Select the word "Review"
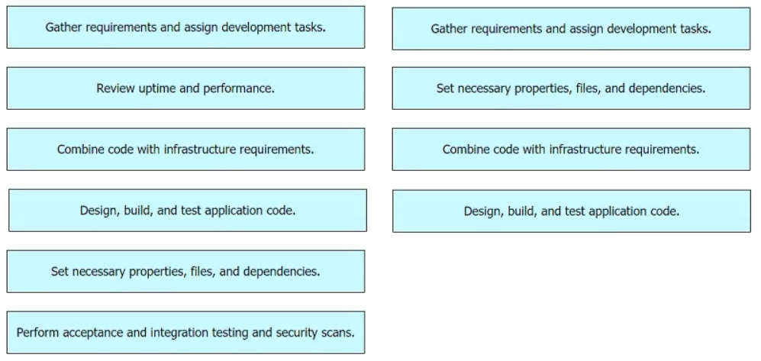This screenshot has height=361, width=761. tap(112, 89)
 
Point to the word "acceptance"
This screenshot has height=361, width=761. tap(92, 333)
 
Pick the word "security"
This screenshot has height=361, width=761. tap(297, 333)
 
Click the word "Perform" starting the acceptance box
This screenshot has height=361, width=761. tap(38, 332)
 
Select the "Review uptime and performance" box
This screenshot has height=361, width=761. tap(185, 89)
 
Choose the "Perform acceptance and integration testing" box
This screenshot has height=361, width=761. tap(185, 332)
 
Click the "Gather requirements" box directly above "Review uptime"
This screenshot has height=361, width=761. tap(185, 27)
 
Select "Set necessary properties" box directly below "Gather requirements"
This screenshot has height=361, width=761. tap(571, 89)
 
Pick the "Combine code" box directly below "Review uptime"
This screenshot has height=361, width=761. tap(185, 150)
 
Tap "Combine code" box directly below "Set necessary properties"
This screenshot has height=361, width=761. tap(571, 150)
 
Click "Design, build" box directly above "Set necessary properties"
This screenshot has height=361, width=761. tap(187, 211)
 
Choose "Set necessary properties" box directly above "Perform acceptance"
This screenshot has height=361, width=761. tap(185, 272)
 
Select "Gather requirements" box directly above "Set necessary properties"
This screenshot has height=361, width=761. tap(571, 29)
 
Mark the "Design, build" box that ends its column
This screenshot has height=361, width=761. tap(571, 211)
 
